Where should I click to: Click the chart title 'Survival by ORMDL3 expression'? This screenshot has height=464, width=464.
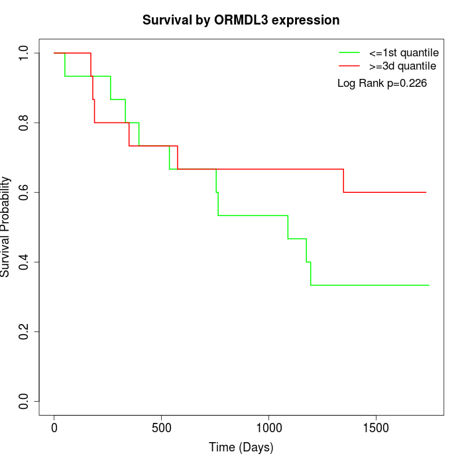(241, 20)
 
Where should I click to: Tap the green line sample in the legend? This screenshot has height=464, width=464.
(349, 52)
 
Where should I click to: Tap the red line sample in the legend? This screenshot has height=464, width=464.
(349, 66)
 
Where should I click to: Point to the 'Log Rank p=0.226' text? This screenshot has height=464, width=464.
(382, 84)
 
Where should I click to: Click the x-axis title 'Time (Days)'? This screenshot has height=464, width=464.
(241, 447)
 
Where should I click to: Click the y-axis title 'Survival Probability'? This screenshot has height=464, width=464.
(6, 227)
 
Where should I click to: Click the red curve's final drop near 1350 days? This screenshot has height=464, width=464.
(343, 181)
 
